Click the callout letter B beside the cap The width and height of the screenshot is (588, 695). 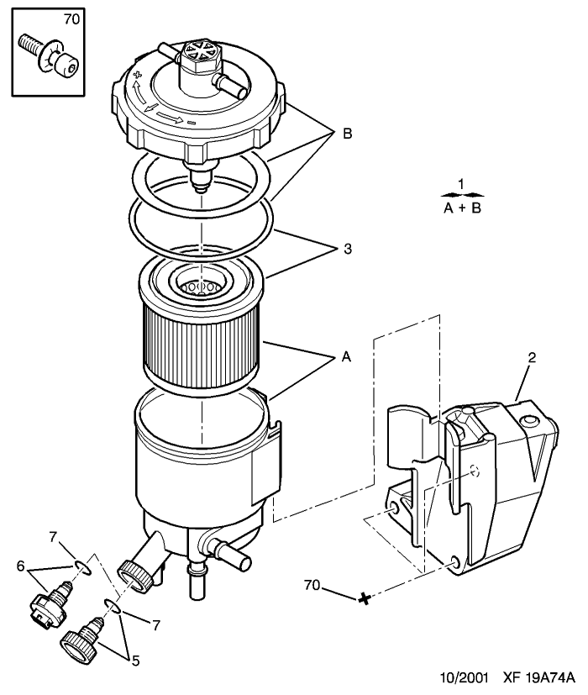pos(348,134)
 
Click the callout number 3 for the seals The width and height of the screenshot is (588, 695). pos(348,249)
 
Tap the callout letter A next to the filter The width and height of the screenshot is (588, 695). pos(347,356)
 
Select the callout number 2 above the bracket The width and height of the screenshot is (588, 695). pos(532,357)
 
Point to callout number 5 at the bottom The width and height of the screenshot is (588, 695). pos(135,661)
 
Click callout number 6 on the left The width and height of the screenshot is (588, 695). pos(20,566)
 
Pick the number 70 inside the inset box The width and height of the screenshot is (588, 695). pos(71,19)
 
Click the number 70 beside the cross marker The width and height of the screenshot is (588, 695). pos(312,585)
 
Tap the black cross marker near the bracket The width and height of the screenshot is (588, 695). pos(365,598)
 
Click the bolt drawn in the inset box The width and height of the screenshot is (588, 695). pos(50,56)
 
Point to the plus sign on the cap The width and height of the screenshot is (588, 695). pos(137,75)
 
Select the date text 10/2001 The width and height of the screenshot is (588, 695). pos(464,677)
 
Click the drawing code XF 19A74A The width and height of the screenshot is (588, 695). pos(538,677)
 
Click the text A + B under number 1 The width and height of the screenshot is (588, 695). pos(462,208)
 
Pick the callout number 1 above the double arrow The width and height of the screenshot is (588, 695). pos(461,183)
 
